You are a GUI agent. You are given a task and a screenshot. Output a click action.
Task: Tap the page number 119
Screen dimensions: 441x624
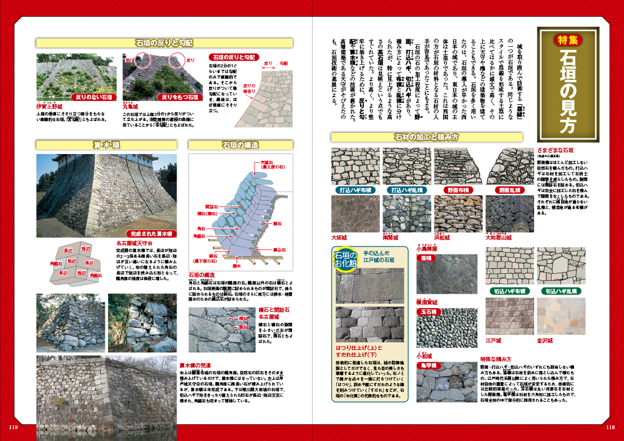coord(13,427)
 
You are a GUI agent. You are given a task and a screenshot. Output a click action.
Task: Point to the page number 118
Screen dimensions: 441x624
coord(610,427)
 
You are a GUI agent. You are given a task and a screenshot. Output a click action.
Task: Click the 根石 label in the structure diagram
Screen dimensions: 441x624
coord(213,256)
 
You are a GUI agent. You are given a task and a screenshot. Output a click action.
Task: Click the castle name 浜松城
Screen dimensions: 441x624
coord(442,238)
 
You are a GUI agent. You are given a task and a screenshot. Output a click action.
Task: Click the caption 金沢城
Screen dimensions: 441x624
coord(545,341)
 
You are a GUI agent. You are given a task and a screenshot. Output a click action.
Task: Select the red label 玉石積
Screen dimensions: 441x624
coord(429,312)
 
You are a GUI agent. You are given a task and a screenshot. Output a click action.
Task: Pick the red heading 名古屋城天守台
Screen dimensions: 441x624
coord(136,243)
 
